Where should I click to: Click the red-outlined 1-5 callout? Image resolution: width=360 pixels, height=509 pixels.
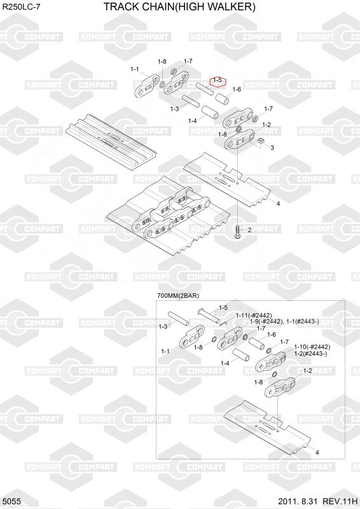point(218,82)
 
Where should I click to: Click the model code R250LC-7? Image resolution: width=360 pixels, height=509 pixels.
point(22,7)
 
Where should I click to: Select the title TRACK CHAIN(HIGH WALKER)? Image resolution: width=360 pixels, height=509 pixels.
point(179,6)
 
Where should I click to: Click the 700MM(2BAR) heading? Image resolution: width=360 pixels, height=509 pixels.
point(178,296)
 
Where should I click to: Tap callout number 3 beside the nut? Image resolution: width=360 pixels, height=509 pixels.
point(272,148)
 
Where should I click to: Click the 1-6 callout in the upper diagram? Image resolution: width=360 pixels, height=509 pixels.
point(237,89)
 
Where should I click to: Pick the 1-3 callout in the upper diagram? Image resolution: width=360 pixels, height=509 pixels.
point(175,109)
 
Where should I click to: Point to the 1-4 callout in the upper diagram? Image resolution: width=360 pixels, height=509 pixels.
point(193,121)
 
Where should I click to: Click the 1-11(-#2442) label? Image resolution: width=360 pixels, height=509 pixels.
point(254,315)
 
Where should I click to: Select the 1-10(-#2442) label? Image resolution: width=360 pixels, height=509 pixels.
point(312,347)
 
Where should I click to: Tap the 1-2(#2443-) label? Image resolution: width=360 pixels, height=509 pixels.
point(310,354)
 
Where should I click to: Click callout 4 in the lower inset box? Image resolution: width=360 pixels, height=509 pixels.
point(317,452)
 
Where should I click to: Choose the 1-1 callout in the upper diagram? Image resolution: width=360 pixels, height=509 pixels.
point(135,69)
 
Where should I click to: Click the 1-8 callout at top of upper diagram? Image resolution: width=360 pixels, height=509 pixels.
point(162,62)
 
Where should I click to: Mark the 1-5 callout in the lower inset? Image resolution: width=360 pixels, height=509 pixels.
point(223,307)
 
